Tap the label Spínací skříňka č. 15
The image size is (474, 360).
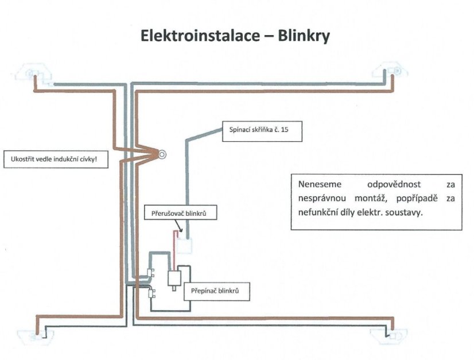pos(254,130)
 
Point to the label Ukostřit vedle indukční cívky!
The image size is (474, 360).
pos(55,159)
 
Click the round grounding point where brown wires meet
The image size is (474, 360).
pos(162,154)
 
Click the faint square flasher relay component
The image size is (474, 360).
pos(185,246)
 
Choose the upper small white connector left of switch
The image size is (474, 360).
pos(151,272)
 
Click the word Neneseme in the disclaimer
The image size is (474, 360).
pos(319,185)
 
